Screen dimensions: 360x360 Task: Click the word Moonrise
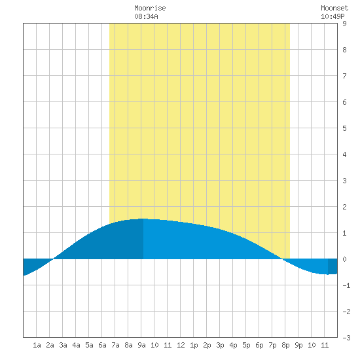[x=150, y=8]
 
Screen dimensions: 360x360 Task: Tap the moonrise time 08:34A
[x=146, y=16]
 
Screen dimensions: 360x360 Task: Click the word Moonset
[x=334, y=8]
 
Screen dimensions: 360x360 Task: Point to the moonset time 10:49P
[x=333, y=16]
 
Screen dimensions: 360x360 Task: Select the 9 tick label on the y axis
[x=344, y=24]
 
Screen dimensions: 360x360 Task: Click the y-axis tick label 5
[x=344, y=128]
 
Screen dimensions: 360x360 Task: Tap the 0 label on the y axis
[x=344, y=259]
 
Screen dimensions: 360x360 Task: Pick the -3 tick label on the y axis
[x=346, y=338]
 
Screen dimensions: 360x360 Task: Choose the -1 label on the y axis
[x=346, y=285]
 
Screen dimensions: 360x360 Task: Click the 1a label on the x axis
[x=37, y=345]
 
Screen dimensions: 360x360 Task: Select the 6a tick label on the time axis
[x=102, y=345]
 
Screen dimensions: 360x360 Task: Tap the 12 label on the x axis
[x=181, y=345]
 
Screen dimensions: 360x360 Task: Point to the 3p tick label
[x=220, y=345]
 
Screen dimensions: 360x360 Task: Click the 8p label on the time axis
[x=285, y=345]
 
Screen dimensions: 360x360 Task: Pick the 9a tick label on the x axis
[x=141, y=345]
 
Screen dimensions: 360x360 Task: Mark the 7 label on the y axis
[x=344, y=76]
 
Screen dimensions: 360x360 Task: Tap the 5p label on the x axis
[x=246, y=345]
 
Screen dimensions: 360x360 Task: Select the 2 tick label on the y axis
[x=344, y=207]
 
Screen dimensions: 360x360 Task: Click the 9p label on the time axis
[x=298, y=345]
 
